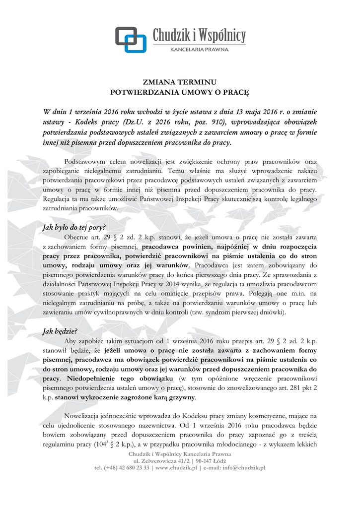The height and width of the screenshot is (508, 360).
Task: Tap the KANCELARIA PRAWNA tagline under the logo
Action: tap(200, 50)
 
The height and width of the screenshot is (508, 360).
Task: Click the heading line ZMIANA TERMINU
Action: tap(180, 82)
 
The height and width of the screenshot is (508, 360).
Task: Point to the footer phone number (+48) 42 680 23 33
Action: tap(125, 467)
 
